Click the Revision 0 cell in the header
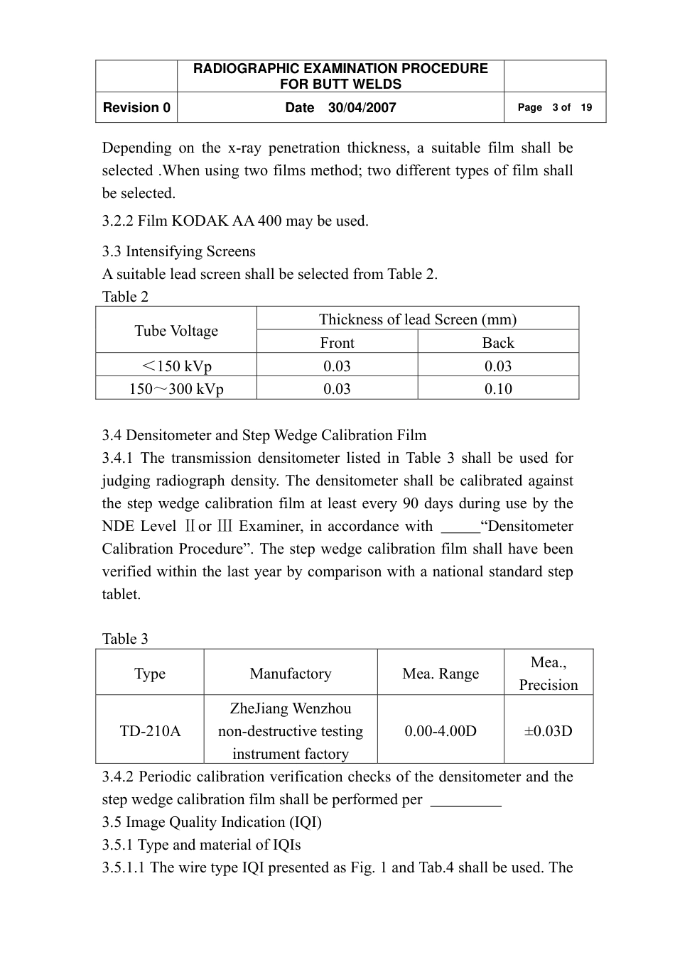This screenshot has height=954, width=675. pos(136,108)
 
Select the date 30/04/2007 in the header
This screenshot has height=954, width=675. pos(362,108)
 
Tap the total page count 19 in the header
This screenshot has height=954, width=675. pos(586,108)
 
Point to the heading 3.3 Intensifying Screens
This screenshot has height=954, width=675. pos(178,251)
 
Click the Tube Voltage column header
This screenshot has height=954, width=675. pos(176,331)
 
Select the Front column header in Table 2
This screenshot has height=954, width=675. pos(337,343)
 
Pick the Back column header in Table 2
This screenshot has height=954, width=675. pos(498,343)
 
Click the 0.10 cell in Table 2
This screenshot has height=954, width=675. pos(498,389)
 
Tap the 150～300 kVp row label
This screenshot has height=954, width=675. pos(176,389)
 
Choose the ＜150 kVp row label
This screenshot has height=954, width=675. pos(176,366)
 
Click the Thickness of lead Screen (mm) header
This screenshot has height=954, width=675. pos(418,319)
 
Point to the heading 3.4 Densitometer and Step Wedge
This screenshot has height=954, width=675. pos(264,435)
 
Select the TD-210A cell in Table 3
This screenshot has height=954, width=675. pos(150,731)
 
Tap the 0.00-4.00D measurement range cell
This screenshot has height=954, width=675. pos(441,731)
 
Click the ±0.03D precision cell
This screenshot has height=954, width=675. pos(548,731)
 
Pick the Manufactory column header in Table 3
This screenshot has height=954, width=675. pos(291,674)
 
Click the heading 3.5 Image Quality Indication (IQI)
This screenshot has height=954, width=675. pos(212,822)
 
